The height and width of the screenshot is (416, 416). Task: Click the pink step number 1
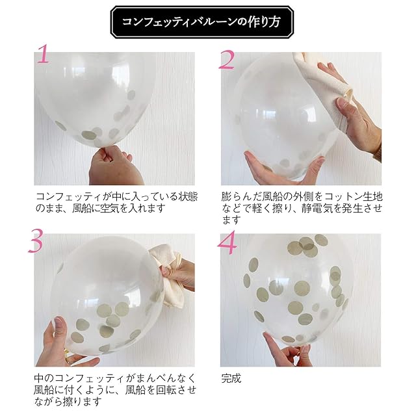[44, 54]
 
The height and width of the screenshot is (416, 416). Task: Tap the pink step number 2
[227, 60]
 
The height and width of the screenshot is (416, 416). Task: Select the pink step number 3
[36, 242]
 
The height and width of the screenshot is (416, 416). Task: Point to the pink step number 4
[227, 242]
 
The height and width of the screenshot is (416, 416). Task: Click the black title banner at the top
[202, 22]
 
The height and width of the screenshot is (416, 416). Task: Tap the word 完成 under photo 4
[231, 378]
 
